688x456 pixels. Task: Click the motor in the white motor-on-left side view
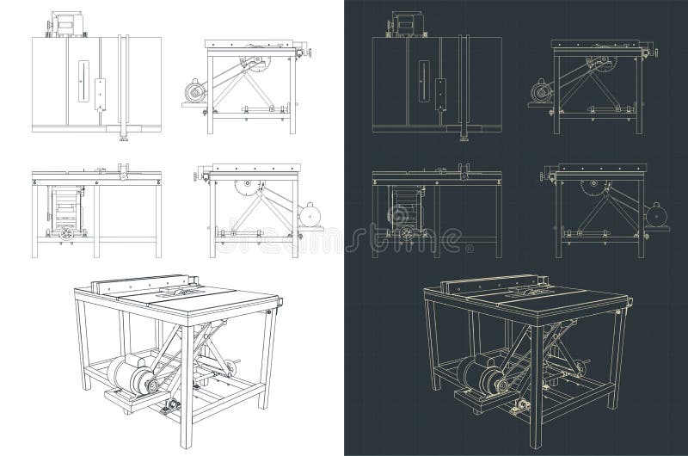point(194,92)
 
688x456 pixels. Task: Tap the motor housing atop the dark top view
point(403,23)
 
